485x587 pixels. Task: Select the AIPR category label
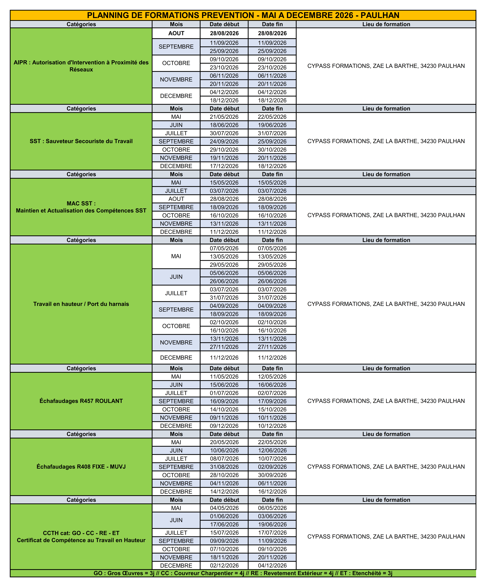[81, 66]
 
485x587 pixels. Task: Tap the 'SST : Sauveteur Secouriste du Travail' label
[81, 141]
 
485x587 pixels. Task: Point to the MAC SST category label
[81, 207]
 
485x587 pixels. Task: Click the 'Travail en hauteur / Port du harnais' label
[81, 304]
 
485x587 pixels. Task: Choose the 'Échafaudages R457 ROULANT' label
[81, 401]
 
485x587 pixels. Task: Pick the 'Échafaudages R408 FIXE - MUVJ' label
[81, 466]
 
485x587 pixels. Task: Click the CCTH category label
[81, 536]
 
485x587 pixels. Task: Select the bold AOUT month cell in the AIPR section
[176, 33]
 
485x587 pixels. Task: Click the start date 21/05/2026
[224, 117]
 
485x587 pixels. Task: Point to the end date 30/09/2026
[272, 475]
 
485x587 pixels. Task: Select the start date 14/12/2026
[224, 491]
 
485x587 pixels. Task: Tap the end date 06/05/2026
[272, 508]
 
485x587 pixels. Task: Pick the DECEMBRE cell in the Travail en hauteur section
[176, 357]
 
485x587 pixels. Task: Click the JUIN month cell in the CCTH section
[176, 520]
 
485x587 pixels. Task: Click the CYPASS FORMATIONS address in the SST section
[386, 141]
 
